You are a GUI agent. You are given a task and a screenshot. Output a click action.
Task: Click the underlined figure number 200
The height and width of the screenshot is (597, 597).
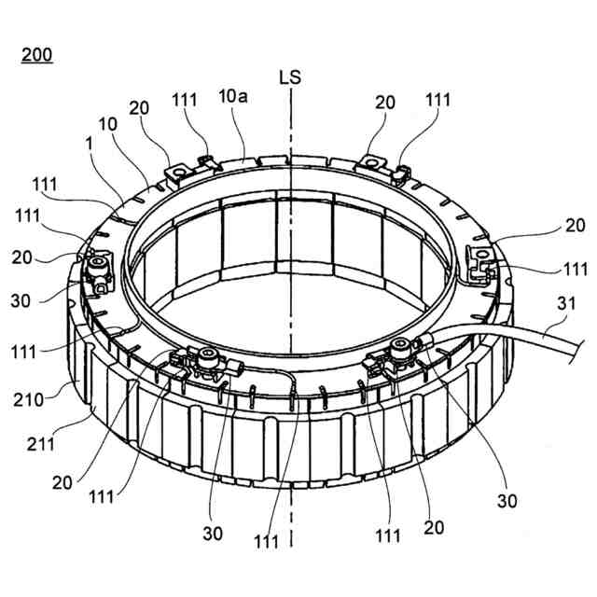36,53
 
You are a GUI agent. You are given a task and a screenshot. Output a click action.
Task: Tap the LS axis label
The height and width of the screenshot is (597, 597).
290,76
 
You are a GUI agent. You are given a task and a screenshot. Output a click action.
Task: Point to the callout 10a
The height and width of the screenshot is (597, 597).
233,97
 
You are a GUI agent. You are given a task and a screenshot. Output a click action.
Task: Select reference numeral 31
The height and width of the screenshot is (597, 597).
565,303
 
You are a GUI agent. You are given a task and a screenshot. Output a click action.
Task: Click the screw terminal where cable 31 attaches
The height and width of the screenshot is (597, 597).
404,348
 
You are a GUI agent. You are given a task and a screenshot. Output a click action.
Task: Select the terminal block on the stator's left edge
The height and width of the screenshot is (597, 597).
97,272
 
